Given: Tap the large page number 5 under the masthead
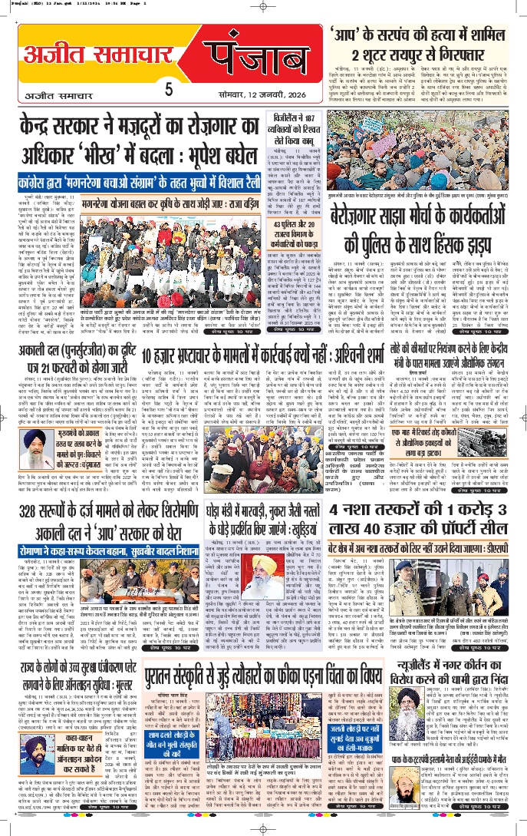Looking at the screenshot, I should pyautogui.click(x=168, y=91).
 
